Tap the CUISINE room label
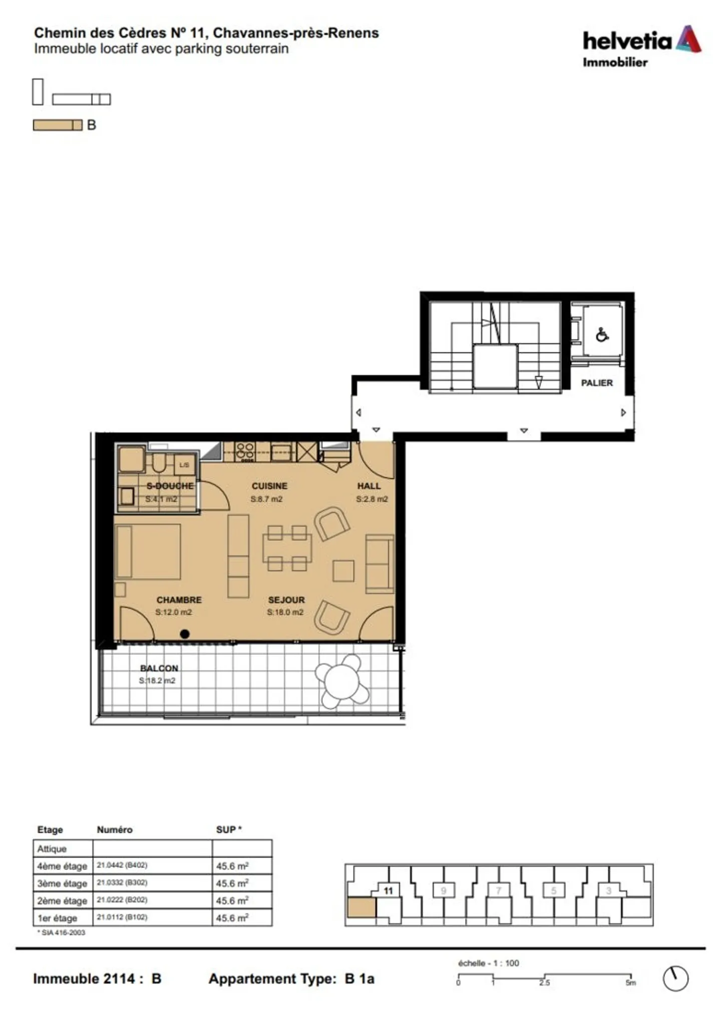[269, 486]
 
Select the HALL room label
[369, 486]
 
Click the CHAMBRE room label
[179, 600]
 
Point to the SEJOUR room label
[286, 600]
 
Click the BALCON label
[159, 668]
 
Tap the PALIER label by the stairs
[596, 383]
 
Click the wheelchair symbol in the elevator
[602, 335]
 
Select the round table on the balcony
[342, 681]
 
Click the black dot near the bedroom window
[185, 634]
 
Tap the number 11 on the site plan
[388, 891]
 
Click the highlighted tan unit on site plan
[361, 908]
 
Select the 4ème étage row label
[62, 866]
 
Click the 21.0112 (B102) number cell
[122, 917]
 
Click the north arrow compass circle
[675, 978]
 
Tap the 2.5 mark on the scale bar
[544, 982]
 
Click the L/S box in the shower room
[184, 465]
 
